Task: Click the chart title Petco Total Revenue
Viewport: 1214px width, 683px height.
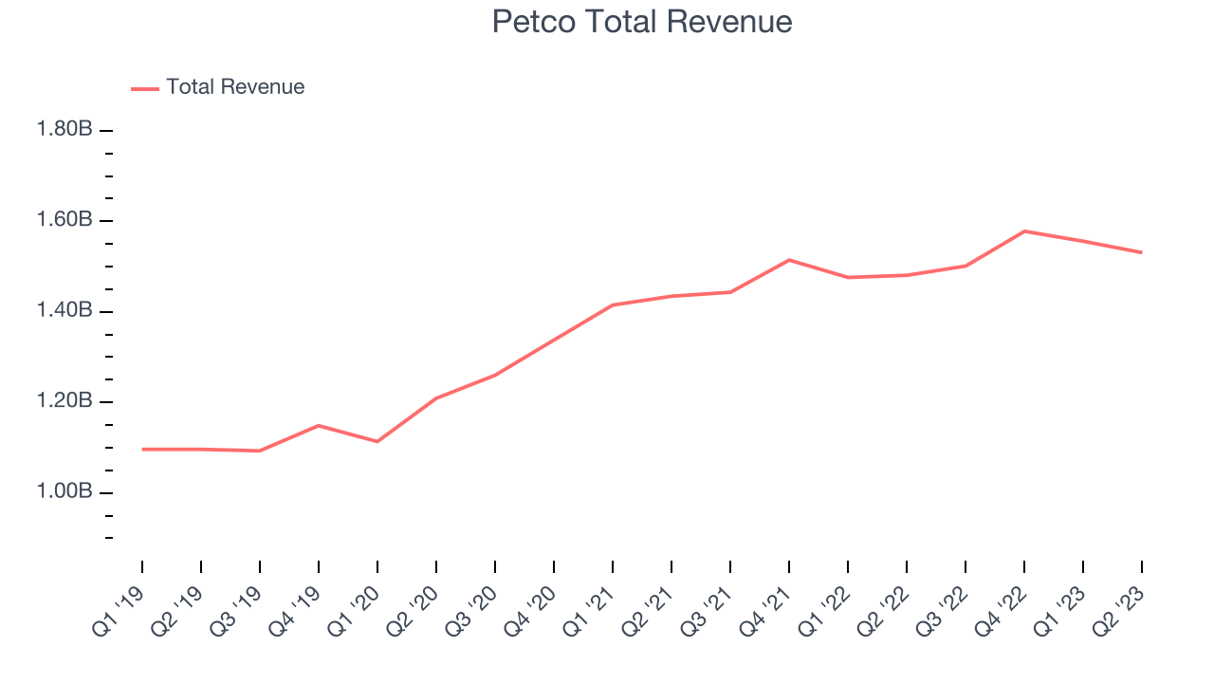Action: (x=641, y=22)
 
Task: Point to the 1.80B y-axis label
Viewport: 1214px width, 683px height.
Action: (x=64, y=129)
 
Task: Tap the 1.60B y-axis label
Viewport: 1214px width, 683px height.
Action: (x=64, y=220)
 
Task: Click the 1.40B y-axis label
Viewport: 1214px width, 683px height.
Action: (x=64, y=311)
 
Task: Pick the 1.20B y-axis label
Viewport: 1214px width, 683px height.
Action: (x=64, y=401)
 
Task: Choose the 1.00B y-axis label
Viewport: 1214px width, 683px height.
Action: (x=64, y=492)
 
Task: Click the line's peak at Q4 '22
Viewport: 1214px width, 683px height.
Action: (x=1024, y=231)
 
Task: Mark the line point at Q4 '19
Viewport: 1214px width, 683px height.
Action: (x=319, y=425)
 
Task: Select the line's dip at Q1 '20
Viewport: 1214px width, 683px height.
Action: (x=377, y=441)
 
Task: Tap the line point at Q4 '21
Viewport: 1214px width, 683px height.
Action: (x=789, y=259)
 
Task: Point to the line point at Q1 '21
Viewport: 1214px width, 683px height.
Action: (x=613, y=305)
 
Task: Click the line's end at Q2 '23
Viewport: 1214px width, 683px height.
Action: (x=1141, y=252)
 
